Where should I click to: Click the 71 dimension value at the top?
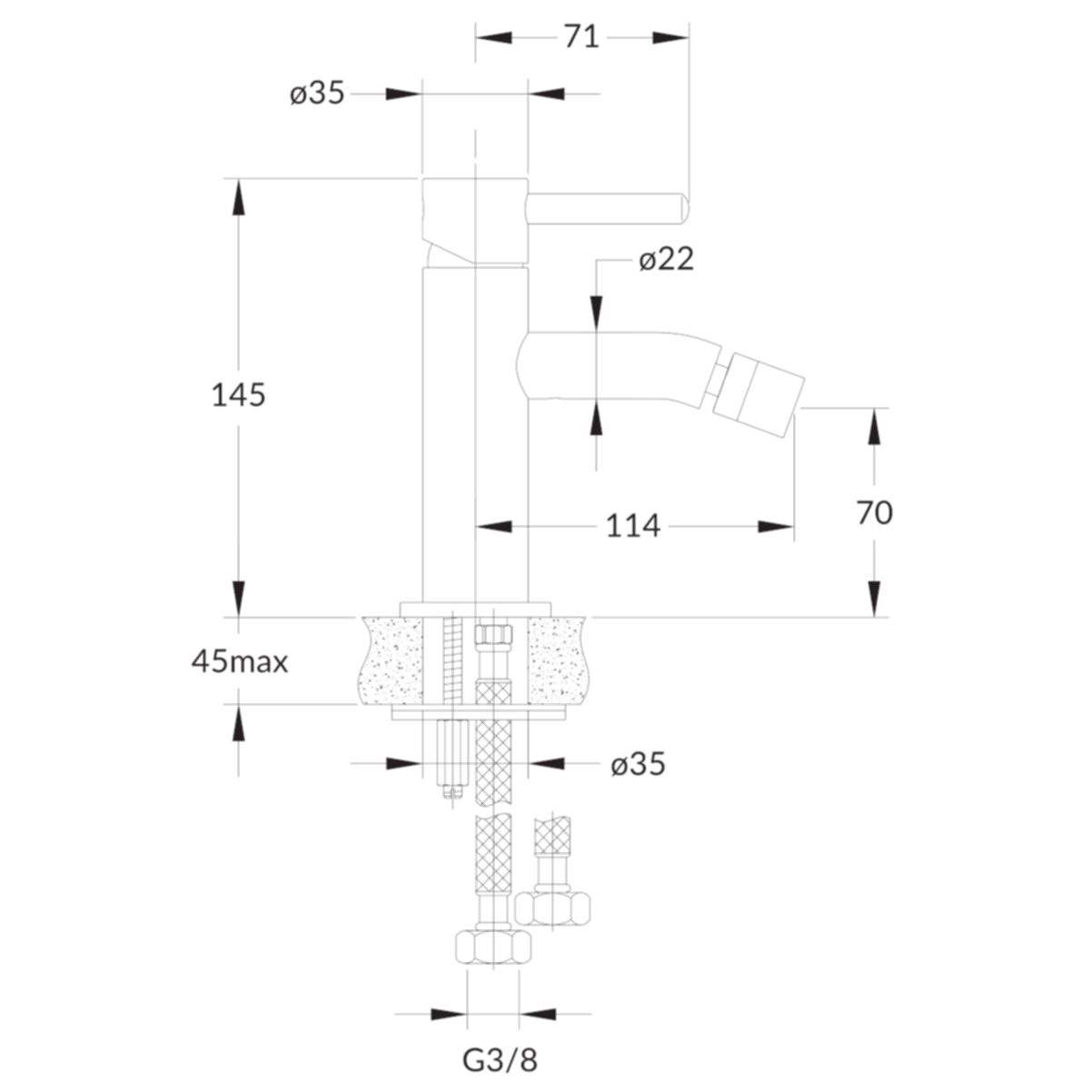pyautogui.click(x=581, y=38)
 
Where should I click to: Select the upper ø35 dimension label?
pyautogui.click(x=317, y=93)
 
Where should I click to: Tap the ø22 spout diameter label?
pyautogui.click(x=666, y=260)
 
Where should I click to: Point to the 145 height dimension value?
pyautogui.click(x=238, y=394)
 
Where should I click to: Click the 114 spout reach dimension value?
pyautogui.click(x=633, y=526)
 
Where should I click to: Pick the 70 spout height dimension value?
pyautogui.click(x=875, y=513)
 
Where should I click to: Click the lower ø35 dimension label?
pyautogui.click(x=638, y=766)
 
